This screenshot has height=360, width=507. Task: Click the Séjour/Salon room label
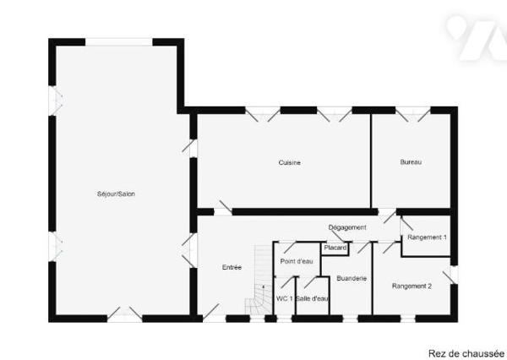116,194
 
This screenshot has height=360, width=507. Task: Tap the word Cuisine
289,163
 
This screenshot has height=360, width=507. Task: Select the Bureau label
411,162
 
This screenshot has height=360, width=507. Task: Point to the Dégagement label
347,227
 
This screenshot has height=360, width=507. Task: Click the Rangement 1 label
427,237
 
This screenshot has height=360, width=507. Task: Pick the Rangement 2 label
412,286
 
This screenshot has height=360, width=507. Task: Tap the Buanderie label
352,278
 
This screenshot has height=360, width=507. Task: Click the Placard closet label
335,248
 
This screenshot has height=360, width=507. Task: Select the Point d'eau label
297,261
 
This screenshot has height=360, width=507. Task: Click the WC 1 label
284,299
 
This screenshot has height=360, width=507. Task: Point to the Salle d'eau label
313,299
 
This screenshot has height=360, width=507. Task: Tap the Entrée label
232,268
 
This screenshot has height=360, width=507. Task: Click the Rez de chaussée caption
466,353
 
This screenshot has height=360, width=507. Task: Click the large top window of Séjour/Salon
118,42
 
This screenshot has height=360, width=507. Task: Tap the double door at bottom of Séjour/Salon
124,314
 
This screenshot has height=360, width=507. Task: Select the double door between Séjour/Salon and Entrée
190,250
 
